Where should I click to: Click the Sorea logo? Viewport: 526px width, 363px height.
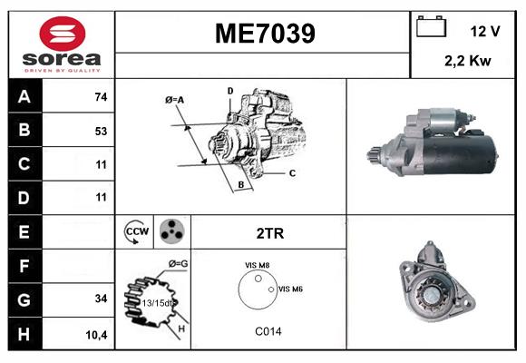(x=60, y=44)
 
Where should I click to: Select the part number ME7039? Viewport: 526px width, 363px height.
(x=264, y=34)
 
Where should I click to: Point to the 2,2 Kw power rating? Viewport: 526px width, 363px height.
(x=469, y=61)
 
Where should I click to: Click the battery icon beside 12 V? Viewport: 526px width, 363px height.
(x=429, y=28)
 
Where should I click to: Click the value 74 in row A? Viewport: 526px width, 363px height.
(x=101, y=97)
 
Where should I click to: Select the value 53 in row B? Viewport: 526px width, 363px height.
(x=101, y=131)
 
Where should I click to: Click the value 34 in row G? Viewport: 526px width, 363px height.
(x=101, y=299)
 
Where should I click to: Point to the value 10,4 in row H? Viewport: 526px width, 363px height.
(x=97, y=334)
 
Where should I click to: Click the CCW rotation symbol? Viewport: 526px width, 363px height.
(x=136, y=232)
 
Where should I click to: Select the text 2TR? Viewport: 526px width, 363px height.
(x=270, y=233)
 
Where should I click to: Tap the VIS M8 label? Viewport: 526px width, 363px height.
(x=257, y=265)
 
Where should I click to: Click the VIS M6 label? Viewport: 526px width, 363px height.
(x=290, y=289)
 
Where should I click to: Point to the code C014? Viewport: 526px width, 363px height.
(x=268, y=331)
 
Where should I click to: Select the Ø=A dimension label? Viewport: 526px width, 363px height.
(x=175, y=100)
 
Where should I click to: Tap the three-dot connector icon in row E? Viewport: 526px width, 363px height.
(x=170, y=232)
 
